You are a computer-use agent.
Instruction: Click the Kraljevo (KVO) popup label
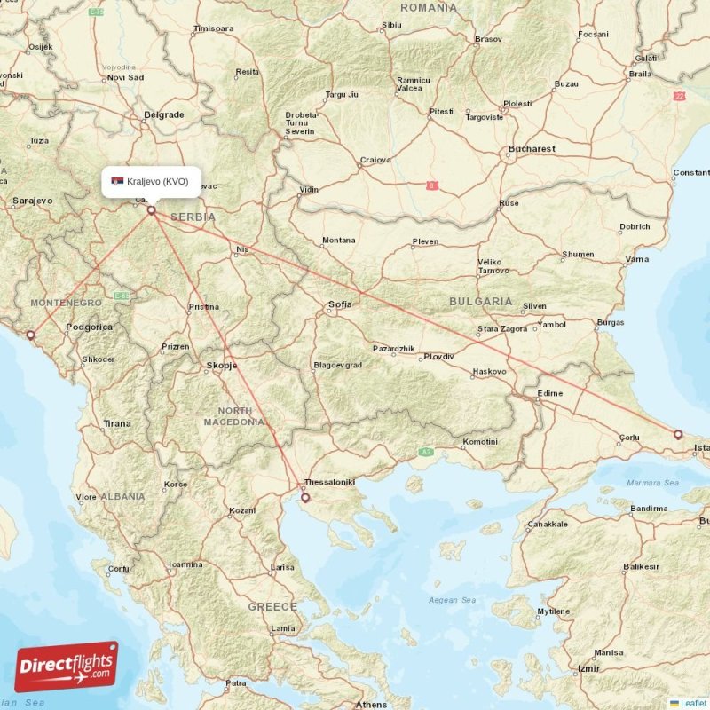tap(150, 181)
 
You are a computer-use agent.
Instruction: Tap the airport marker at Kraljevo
tap(152, 210)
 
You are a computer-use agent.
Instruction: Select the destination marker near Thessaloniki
tap(305, 498)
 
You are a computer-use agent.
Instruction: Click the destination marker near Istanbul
tap(678, 435)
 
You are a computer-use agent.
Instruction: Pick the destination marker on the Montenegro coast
tap(31, 335)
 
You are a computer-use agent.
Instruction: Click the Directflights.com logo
tap(66, 667)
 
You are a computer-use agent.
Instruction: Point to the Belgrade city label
tap(164, 114)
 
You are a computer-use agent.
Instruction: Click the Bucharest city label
tap(532, 149)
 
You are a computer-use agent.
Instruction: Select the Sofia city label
tap(341, 304)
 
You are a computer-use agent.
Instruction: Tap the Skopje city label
tap(221, 365)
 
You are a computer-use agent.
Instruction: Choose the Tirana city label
tap(116, 423)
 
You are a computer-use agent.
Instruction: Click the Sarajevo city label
tap(32, 201)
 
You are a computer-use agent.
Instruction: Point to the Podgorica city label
tap(90, 327)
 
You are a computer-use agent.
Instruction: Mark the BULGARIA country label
tap(480, 302)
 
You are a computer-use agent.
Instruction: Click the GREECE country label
tap(272, 606)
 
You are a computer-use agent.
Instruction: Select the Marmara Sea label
tap(651, 483)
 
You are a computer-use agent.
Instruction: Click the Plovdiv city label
tap(438, 356)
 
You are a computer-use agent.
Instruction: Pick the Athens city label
tap(371, 705)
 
